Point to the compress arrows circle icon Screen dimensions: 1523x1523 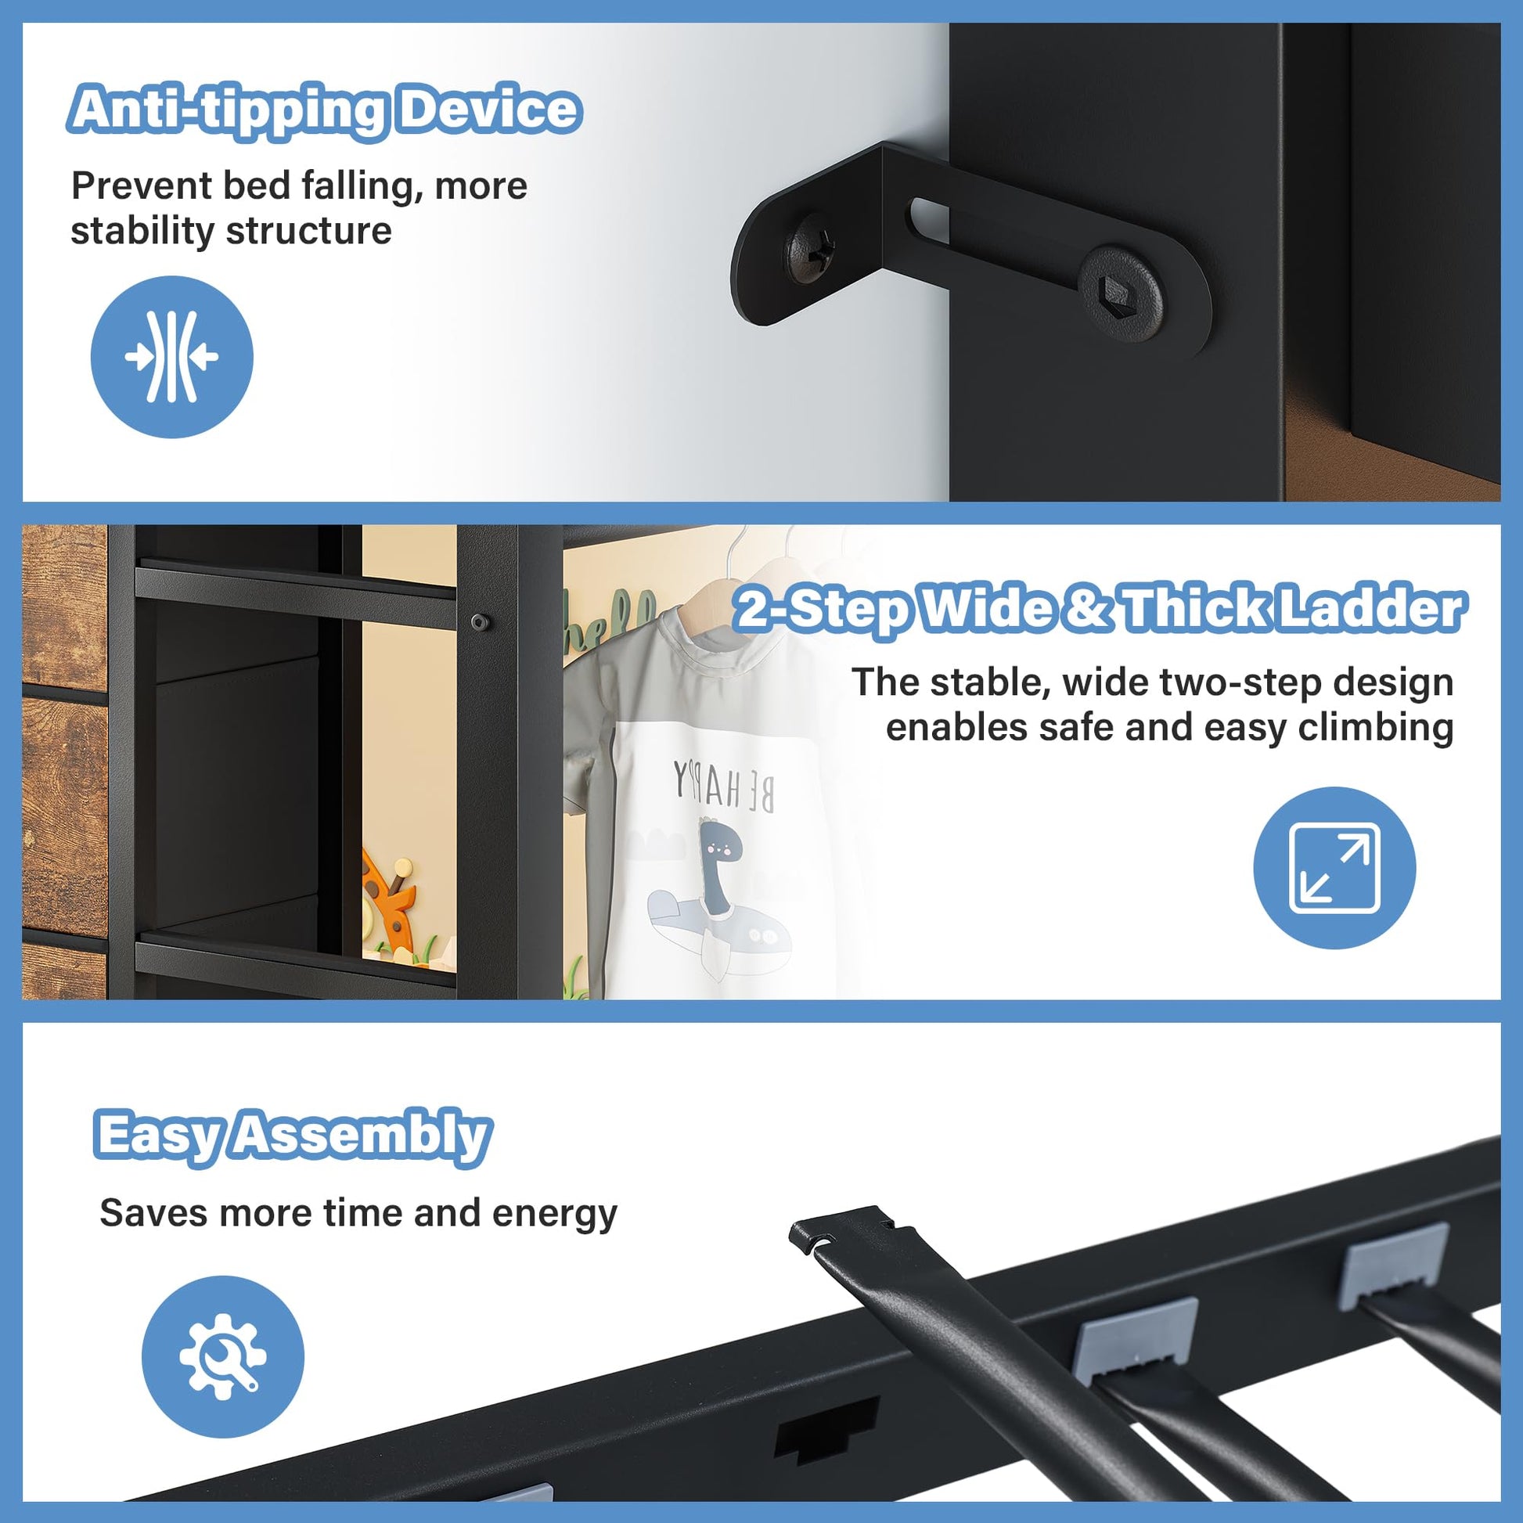[x=172, y=356]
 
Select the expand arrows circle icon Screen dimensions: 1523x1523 [x=1334, y=868]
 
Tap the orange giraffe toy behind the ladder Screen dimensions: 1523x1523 [x=391, y=895]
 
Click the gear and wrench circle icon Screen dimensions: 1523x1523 [x=223, y=1356]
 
